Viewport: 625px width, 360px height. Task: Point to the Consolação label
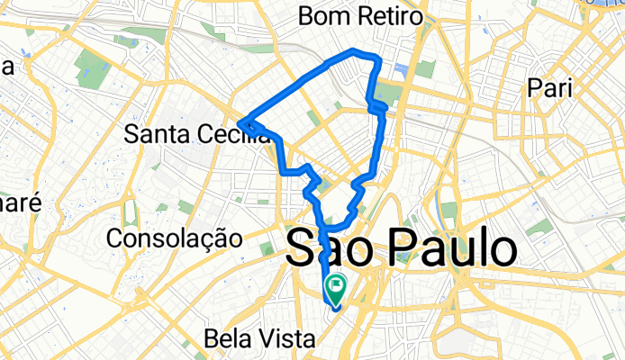(x=174, y=238)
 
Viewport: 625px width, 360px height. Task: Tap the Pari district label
(x=548, y=89)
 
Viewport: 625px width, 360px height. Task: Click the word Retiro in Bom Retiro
(x=390, y=16)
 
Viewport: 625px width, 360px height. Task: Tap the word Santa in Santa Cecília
(x=153, y=134)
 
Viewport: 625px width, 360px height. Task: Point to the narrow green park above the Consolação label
(x=131, y=212)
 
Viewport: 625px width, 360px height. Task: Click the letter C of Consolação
(x=114, y=238)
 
